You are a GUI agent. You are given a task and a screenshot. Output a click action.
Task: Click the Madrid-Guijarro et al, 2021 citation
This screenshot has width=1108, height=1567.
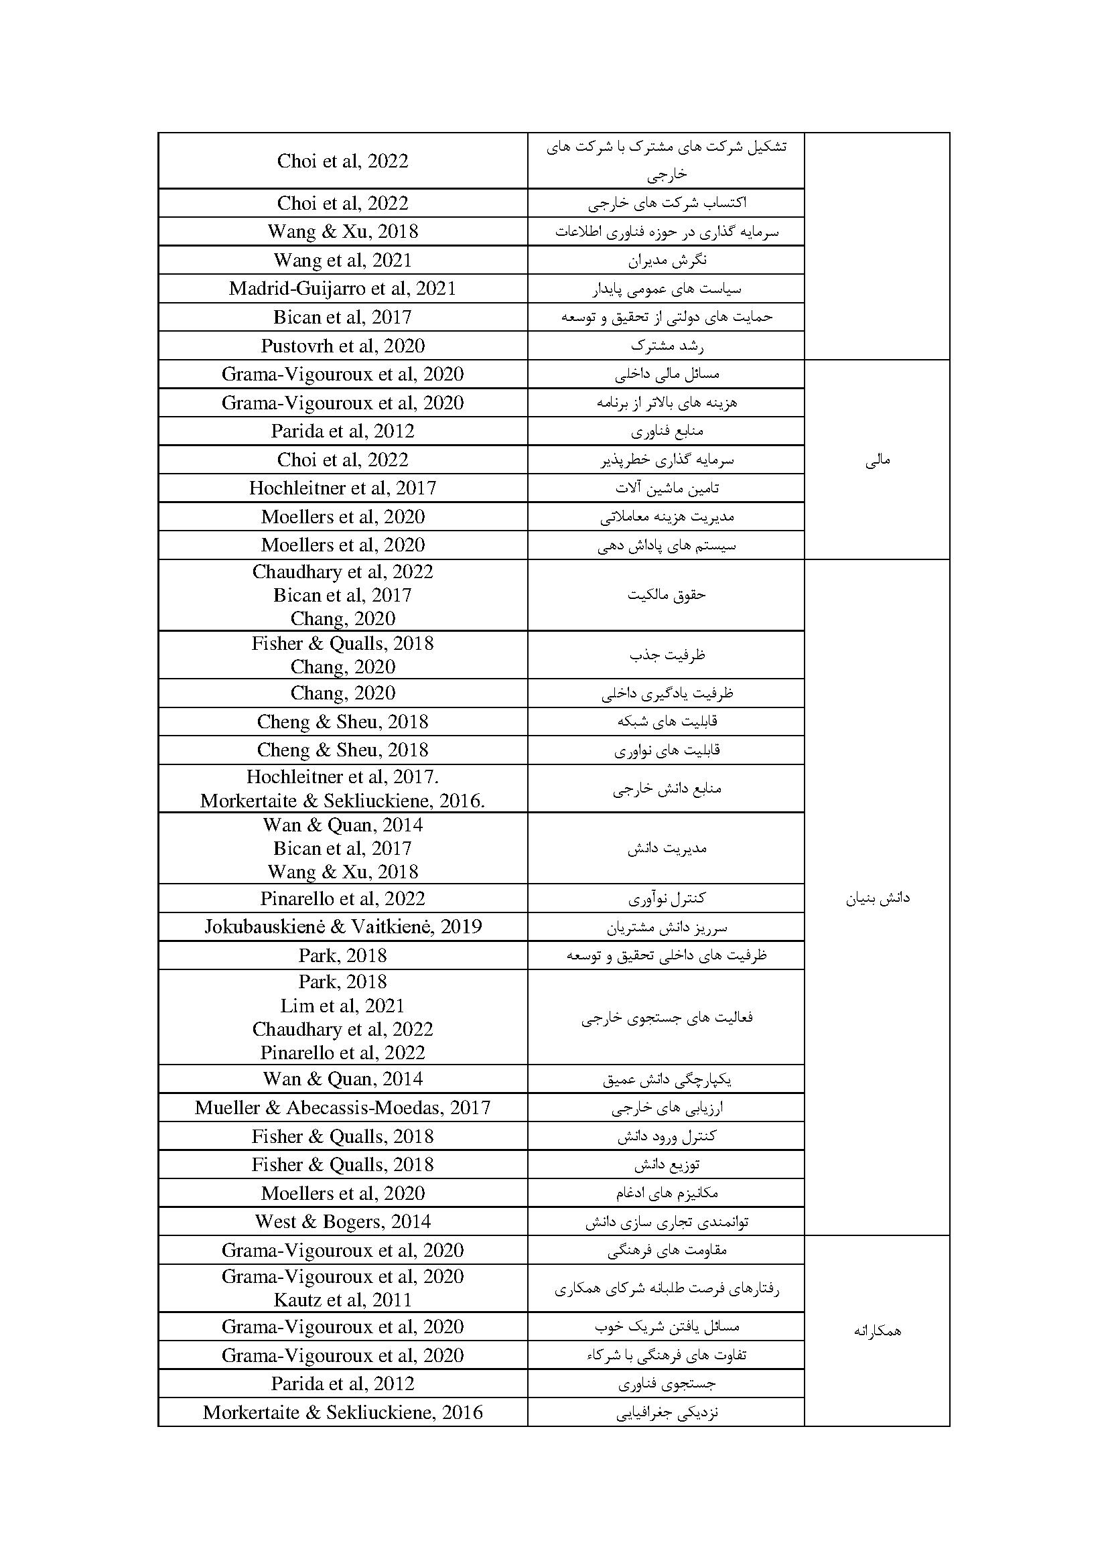pos(342,289)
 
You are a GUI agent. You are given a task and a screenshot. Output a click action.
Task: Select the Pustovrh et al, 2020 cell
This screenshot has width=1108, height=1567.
pos(342,346)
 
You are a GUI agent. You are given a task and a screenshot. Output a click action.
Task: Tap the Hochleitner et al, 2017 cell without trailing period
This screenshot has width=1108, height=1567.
pos(342,488)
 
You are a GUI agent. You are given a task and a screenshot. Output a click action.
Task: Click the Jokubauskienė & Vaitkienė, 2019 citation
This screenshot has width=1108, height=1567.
pos(342,927)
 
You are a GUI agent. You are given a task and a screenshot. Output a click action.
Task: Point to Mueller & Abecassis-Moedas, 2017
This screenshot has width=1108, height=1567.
pos(342,1107)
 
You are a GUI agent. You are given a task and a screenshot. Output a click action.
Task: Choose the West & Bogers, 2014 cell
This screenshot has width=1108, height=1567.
pos(342,1222)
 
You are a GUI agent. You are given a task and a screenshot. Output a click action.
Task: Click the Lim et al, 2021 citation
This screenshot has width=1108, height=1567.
pos(342,1006)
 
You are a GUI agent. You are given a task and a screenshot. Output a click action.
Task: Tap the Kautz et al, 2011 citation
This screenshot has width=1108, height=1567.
pos(342,1300)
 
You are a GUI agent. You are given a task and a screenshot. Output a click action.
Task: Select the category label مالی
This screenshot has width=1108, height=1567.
pos(878,461)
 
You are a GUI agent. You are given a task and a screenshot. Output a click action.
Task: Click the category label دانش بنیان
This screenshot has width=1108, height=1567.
pos(878,898)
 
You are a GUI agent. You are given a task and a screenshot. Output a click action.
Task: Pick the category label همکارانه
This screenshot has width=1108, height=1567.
pos(878,1331)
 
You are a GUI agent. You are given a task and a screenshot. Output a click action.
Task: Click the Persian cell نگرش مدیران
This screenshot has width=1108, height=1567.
pos(667,260)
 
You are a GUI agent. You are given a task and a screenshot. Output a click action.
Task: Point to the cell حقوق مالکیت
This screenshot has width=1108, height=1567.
pos(667,595)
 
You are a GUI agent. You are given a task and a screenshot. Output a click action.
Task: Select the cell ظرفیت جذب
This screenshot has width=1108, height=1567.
pos(667,655)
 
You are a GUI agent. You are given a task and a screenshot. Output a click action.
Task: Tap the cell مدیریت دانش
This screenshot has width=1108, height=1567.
pos(667,848)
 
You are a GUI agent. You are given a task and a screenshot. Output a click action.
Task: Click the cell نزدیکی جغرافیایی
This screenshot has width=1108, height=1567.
pos(667,1413)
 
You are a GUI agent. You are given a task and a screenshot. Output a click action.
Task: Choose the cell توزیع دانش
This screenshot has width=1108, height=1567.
pos(667,1165)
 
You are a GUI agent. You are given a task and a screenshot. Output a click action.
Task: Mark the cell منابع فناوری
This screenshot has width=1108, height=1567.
pos(667,431)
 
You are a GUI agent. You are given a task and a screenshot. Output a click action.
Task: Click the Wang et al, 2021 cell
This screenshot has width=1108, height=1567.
pos(342,260)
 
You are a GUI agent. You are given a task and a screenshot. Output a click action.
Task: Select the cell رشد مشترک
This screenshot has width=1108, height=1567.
pos(667,346)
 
